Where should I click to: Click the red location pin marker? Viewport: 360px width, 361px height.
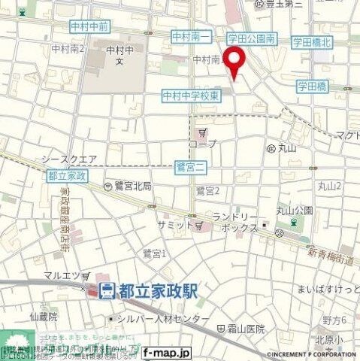tap(236, 61)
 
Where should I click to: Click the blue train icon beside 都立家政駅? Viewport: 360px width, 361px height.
tap(107, 290)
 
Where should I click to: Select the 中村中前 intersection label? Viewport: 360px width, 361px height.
tap(89, 26)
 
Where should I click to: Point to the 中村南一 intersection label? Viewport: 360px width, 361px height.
tap(187, 35)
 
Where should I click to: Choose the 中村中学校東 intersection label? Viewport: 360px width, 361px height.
tap(191, 96)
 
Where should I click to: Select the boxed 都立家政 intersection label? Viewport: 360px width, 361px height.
tap(67, 175)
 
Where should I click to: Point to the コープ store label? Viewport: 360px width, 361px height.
tap(203, 143)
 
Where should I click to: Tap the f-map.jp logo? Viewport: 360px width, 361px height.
tap(167, 352)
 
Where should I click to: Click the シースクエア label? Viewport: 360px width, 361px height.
tap(68, 159)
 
